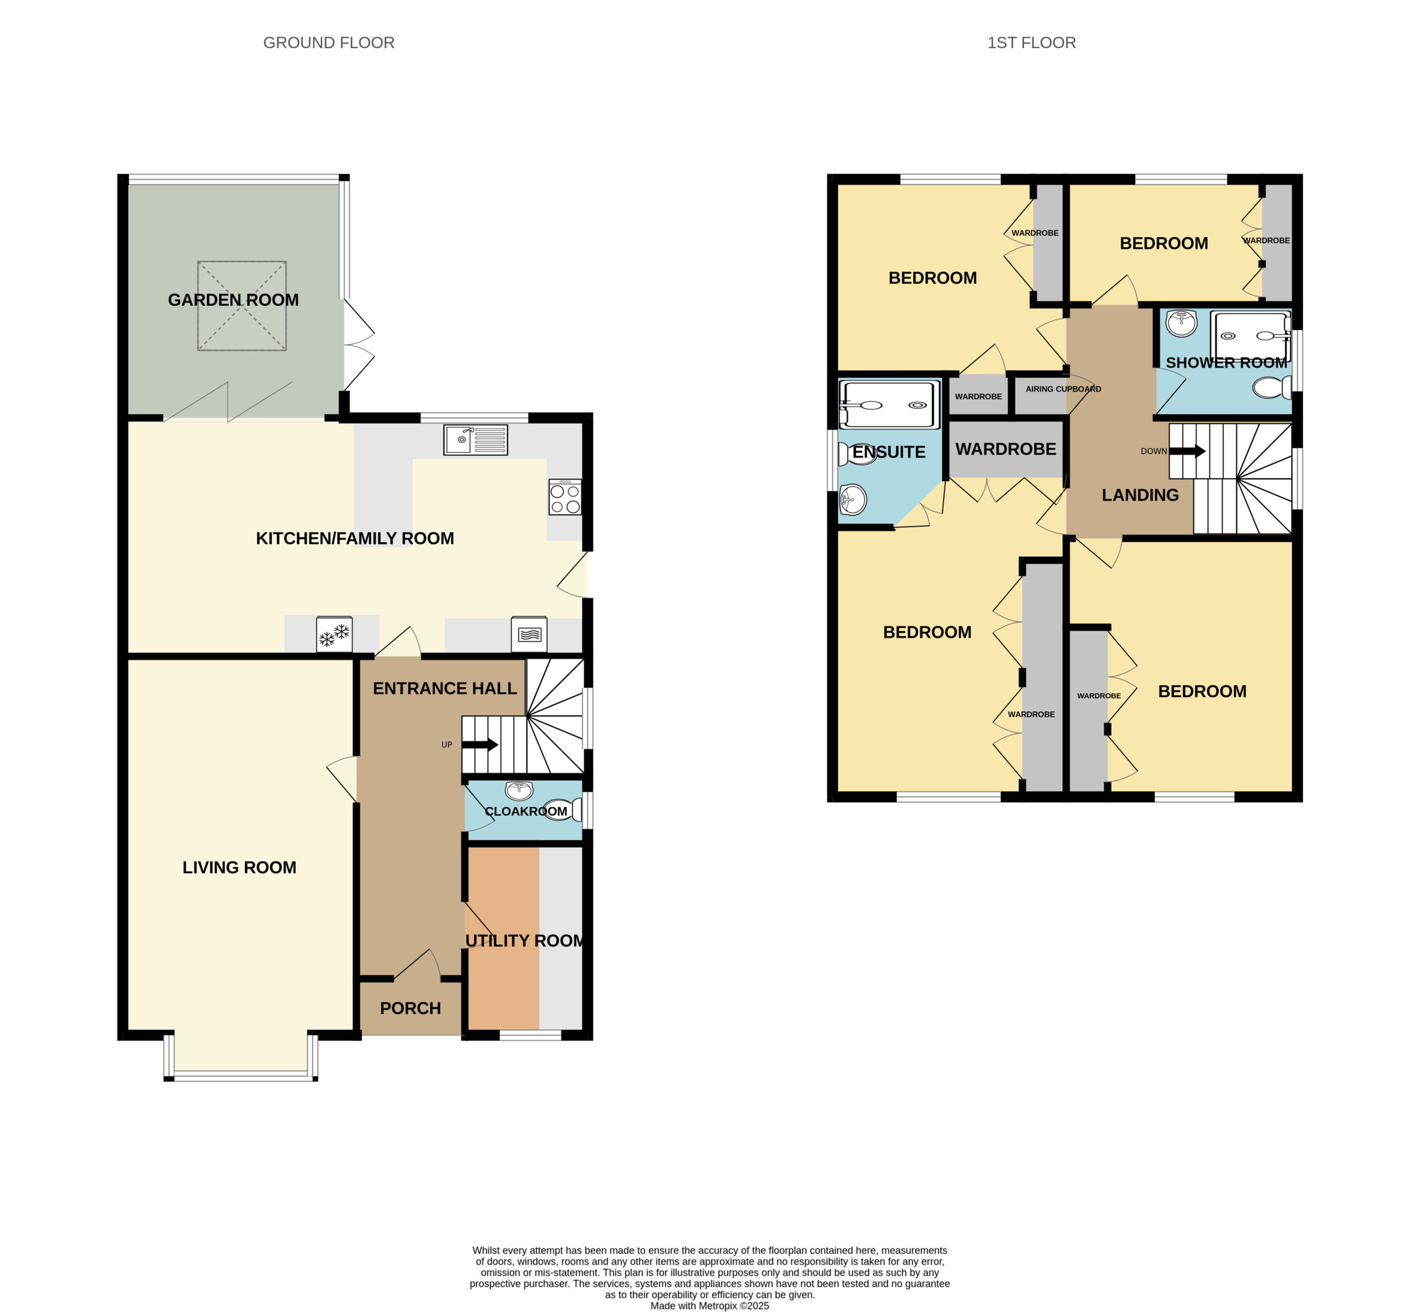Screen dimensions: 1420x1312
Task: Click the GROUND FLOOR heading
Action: click(x=329, y=43)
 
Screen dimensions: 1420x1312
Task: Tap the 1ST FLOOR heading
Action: click(x=1032, y=43)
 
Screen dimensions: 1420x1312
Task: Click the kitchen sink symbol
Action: click(x=476, y=440)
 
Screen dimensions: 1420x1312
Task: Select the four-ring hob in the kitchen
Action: click(x=565, y=496)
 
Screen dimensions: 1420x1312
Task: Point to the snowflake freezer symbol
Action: click(x=334, y=634)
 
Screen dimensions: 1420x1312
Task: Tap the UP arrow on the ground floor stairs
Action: click(x=480, y=745)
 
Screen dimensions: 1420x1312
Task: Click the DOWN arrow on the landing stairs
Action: click(x=1188, y=451)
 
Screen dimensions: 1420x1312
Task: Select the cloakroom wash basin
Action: click(x=519, y=790)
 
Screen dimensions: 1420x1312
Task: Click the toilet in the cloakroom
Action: click(x=565, y=810)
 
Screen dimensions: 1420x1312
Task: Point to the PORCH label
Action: click(x=410, y=1008)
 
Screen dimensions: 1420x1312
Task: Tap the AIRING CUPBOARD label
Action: click(x=1063, y=389)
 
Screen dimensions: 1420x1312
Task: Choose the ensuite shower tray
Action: click(x=889, y=405)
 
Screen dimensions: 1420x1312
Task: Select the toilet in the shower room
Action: click(x=1272, y=388)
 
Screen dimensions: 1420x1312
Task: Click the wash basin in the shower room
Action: click(x=1181, y=324)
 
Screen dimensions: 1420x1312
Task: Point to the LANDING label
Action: click(x=1140, y=495)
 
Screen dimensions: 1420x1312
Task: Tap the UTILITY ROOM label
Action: click(x=525, y=940)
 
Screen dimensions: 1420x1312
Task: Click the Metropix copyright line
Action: click(x=709, y=1305)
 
